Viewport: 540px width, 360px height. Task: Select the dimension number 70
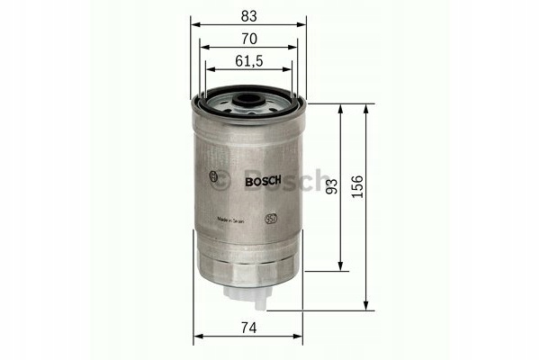pyautogui.click(x=247, y=38)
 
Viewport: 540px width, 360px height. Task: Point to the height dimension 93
pyautogui.click(x=331, y=187)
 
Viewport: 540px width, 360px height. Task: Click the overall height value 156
pyautogui.click(x=358, y=187)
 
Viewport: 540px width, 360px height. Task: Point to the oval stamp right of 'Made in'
pyautogui.click(x=270, y=218)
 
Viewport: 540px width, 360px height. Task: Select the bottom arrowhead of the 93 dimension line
pyautogui.click(x=340, y=267)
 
